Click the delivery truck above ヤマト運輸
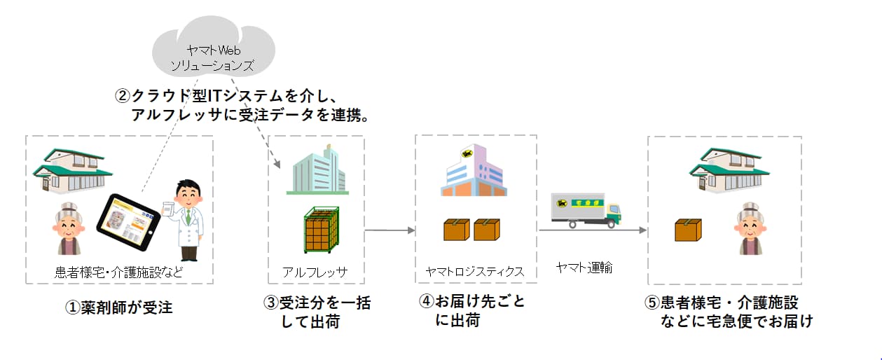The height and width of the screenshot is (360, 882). tap(586, 211)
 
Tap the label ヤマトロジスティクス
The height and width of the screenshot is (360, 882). tap(474, 271)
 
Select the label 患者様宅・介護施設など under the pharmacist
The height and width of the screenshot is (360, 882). tap(119, 272)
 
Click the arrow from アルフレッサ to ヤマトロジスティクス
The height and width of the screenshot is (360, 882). tap(390, 230)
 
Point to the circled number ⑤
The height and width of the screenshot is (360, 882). tap(652, 303)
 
